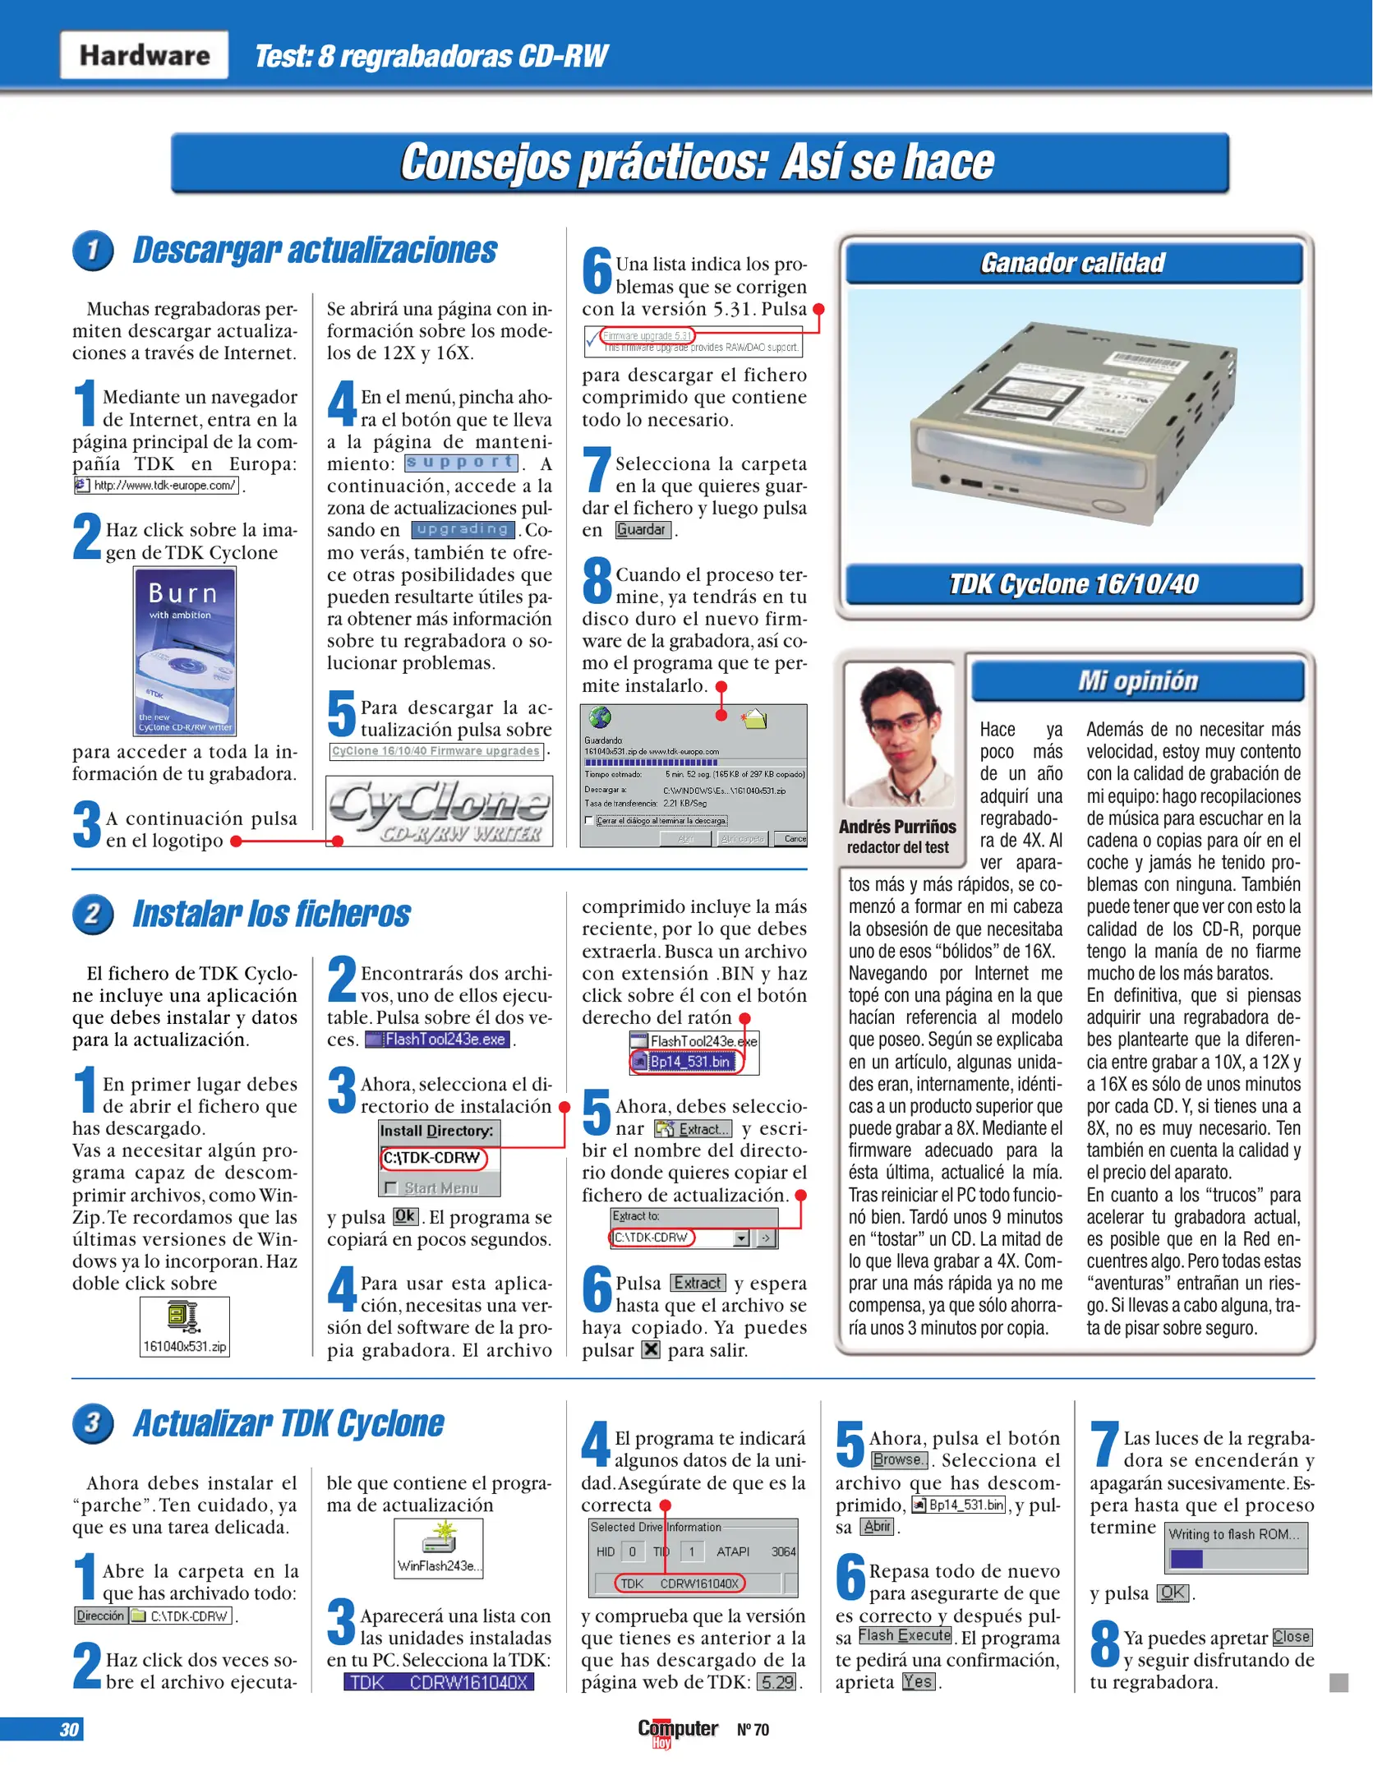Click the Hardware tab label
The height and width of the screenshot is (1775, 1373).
point(145,55)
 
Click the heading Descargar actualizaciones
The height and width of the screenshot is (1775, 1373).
point(315,250)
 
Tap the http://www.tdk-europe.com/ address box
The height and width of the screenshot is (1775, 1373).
point(157,486)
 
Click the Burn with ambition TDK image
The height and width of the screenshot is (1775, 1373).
point(185,651)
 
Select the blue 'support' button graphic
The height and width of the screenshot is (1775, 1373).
point(461,463)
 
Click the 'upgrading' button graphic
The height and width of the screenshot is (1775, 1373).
point(463,530)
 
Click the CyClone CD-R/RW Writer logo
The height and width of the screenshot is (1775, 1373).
point(439,812)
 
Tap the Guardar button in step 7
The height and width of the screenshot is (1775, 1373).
point(643,530)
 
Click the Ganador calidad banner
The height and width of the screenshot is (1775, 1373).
point(1073,263)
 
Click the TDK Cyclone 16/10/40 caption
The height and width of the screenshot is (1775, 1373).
point(1073,584)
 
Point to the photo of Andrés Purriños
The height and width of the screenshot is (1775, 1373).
point(898,735)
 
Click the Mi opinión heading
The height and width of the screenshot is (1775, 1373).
point(1137,681)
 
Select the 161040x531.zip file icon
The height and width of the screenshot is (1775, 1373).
point(184,1326)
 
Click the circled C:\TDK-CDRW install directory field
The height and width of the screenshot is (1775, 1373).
point(433,1158)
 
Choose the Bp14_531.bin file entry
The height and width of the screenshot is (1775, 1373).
point(689,1062)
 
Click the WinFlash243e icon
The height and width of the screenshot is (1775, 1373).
point(439,1548)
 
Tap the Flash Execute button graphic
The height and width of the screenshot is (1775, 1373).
point(905,1636)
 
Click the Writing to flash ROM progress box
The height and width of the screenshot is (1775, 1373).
point(1236,1548)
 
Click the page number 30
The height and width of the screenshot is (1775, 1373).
point(69,1730)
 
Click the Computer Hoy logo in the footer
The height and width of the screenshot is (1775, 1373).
point(677,1731)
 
